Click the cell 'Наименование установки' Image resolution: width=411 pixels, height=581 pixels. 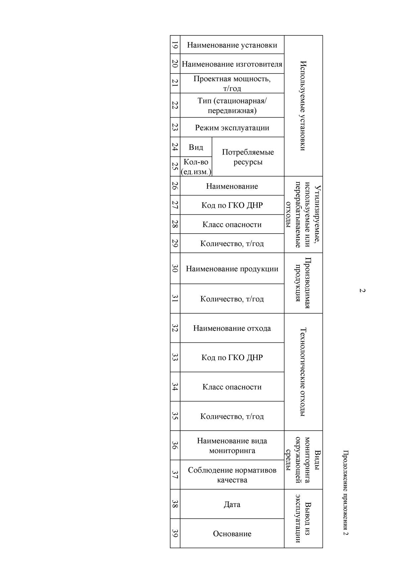tap(232, 45)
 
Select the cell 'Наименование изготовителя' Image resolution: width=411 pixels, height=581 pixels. tap(232, 64)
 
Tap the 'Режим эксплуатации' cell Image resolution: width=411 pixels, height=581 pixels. tap(232, 128)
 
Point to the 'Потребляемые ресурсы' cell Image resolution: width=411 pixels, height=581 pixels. tap(248, 157)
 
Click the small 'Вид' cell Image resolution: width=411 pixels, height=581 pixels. tap(196, 147)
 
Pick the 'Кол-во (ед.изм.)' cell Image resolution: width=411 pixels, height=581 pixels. tap(196, 167)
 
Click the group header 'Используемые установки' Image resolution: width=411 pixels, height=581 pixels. tap(303, 106)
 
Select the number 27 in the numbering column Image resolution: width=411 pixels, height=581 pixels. tap(175, 205)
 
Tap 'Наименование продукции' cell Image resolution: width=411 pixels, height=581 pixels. tap(232, 269)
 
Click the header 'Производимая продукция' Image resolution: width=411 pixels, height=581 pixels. tap(303, 283)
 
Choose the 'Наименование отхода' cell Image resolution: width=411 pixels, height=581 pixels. tap(232, 328)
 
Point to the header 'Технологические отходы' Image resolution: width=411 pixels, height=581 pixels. tap(303, 372)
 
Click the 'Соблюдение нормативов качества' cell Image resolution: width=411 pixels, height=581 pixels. tap(232, 475)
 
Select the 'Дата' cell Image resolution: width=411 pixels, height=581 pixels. tap(232, 504)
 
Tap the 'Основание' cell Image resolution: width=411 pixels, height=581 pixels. tap(232, 534)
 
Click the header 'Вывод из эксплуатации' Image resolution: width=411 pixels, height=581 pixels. tap(303, 519)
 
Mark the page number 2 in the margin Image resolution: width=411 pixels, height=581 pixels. tap(362, 290)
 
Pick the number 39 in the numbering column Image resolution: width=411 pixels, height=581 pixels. tap(175, 533)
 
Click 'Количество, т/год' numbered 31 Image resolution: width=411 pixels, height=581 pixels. tap(232, 299)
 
